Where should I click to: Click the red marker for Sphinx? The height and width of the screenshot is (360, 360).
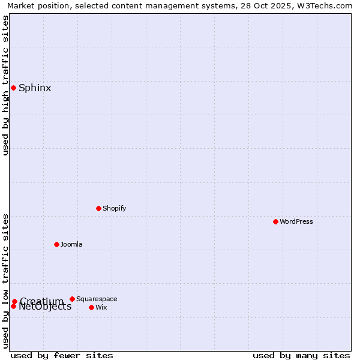13,88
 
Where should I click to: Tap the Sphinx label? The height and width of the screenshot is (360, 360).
35,88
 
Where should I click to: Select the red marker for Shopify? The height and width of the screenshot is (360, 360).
98,208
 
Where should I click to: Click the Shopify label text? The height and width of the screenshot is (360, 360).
114,208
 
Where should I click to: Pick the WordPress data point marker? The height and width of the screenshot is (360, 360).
275,221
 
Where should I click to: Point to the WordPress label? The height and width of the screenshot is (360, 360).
296,221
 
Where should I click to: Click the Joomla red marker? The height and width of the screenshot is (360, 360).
56,244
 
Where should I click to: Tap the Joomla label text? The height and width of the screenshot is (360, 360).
71,244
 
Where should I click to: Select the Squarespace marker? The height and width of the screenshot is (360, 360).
72,299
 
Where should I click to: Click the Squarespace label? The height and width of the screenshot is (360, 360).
97,299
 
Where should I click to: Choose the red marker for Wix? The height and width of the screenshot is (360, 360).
91,307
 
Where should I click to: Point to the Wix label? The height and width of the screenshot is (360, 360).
101,307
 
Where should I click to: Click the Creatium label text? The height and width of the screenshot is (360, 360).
41,301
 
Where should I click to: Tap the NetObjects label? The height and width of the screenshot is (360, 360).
45,307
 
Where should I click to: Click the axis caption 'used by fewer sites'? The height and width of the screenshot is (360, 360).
62,355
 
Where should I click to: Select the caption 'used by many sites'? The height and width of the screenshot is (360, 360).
301,355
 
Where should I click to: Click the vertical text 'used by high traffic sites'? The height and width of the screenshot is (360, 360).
6,85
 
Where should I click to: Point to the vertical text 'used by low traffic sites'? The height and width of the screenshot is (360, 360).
6,281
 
